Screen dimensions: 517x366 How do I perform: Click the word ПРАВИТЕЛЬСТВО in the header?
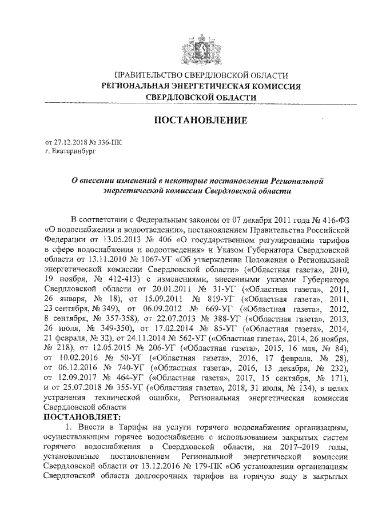pyautogui.click(x=149, y=75)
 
